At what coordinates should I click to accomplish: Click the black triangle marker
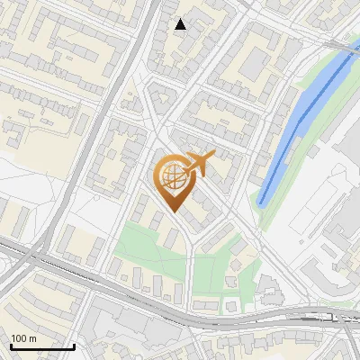pos(181,24)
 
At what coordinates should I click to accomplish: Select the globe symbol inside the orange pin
pos(174,177)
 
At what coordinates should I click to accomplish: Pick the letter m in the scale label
pos(33,338)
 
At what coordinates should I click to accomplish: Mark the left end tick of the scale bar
pos(9,346)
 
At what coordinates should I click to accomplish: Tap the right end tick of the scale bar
pos(74,346)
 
